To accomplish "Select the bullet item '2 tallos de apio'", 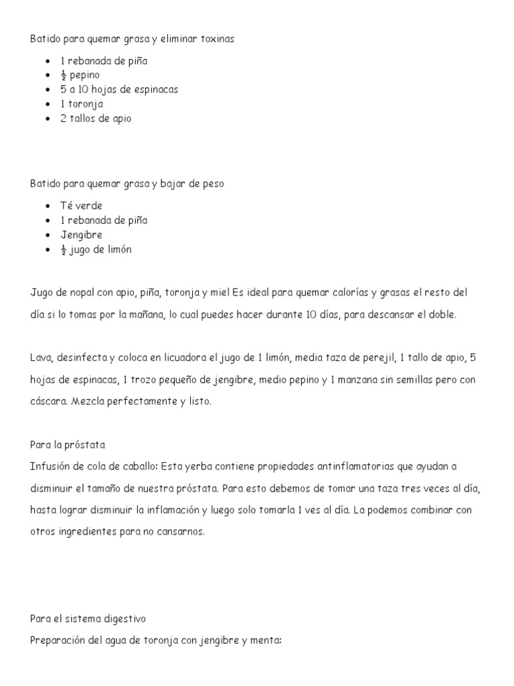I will coord(96,119).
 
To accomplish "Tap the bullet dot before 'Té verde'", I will coord(48,206).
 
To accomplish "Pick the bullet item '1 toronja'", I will coord(82,104).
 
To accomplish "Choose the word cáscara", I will coord(48,402).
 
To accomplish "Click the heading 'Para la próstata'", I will coord(68,445).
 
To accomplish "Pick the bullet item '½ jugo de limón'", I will coord(96,250).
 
